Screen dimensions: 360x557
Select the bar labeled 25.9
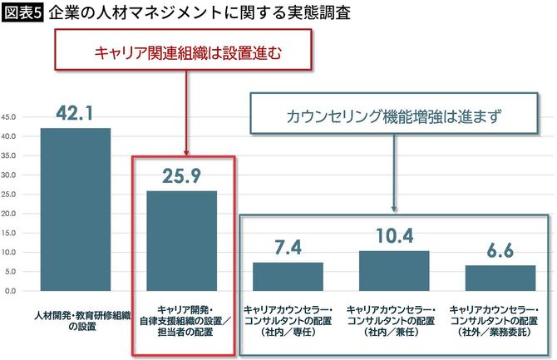tap(181, 241)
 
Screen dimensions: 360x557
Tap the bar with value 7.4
tap(288, 277)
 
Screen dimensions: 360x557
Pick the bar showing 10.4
tap(394, 271)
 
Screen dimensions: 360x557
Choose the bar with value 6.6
tap(500, 279)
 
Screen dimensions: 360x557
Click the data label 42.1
tap(76, 112)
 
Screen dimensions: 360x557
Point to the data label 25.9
tap(181, 175)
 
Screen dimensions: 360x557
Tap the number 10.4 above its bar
tap(394, 235)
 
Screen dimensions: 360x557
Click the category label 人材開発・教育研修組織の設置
tap(76, 321)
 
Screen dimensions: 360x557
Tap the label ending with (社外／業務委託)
tap(500, 321)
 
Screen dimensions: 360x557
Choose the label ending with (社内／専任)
tap(288, 321)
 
